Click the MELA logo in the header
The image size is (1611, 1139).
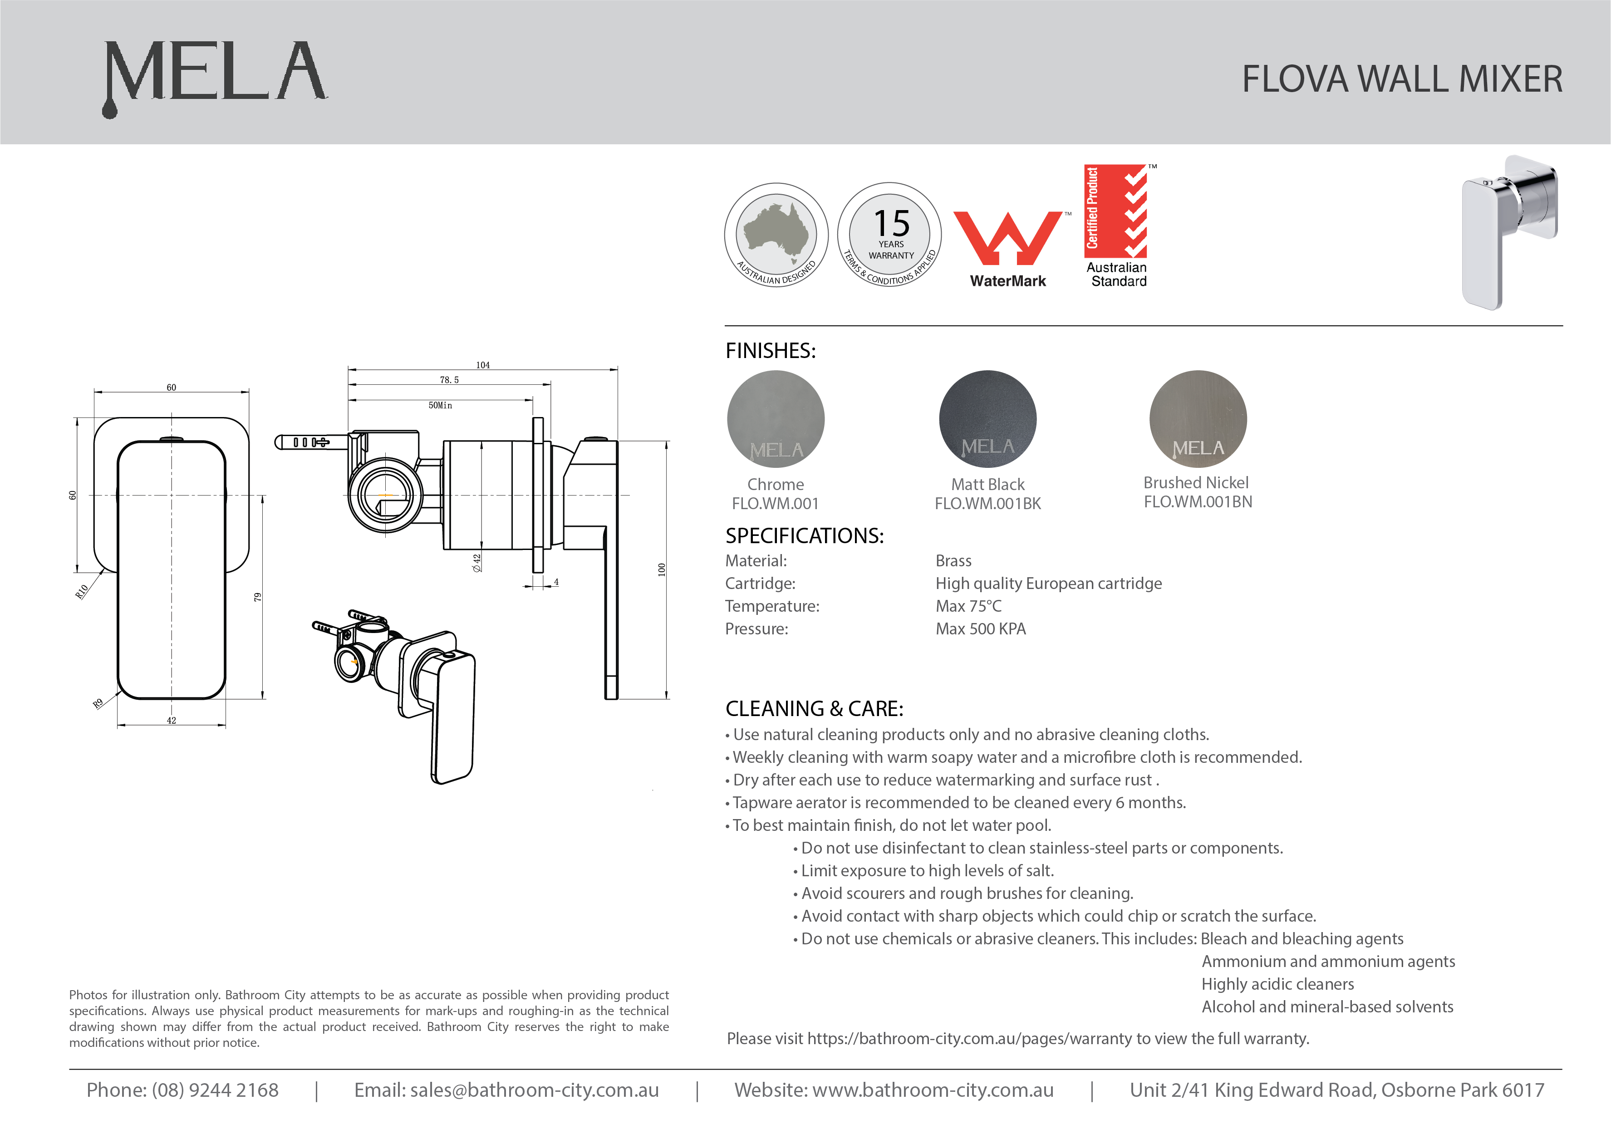click(x=214, y=74)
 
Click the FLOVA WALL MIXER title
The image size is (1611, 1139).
click(x=1402, y=79)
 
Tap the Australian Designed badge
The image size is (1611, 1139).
click(x=776, y=235)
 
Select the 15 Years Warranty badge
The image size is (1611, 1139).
click(x=890, y=235)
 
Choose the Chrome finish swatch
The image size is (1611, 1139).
click(x=776, y=419)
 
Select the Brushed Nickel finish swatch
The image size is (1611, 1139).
click(x=1198, y=419)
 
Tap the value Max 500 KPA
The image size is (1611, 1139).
click(x=980, y=629)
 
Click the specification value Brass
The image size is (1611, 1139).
click(x=953, y=561)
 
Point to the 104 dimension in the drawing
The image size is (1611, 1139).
click(x=483, y=365)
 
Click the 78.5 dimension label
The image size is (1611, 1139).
click(x=449, y=380)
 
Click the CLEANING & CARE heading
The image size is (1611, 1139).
click(x=814, y=709)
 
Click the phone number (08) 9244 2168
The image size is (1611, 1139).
click(x=215, y=1090)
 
